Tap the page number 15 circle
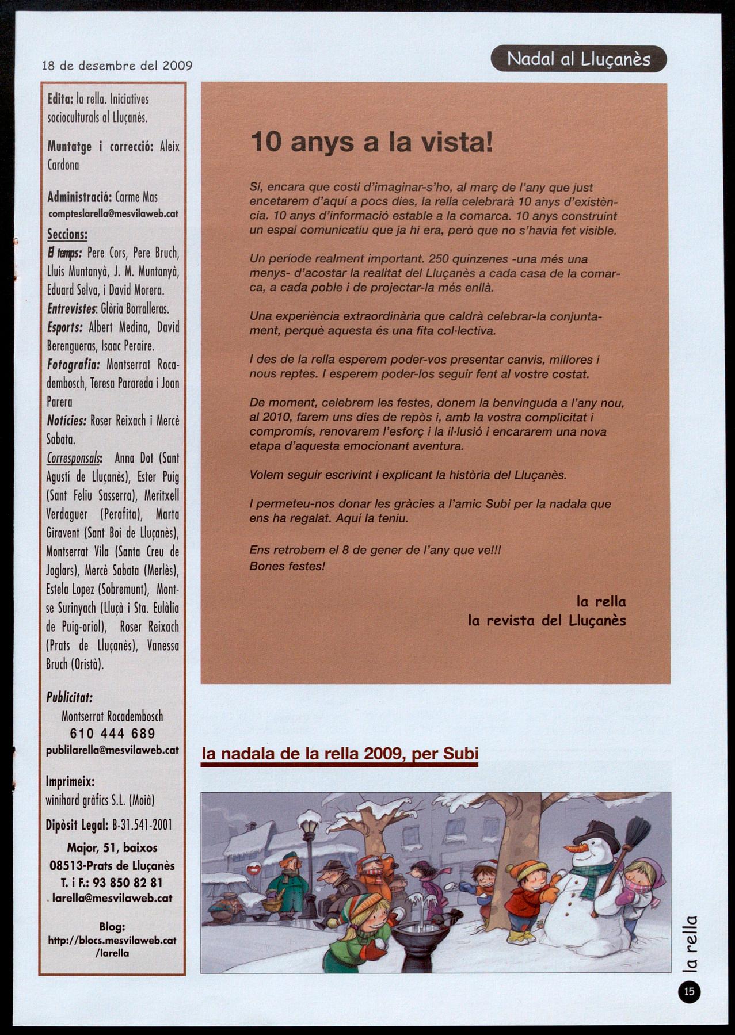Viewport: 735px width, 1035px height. [x=689, y=991]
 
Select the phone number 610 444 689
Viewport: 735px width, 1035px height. [x=112, y=734]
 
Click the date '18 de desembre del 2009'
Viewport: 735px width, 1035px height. [x=117, y=66]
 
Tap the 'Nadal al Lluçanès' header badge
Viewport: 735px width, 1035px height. [x=578, y=59]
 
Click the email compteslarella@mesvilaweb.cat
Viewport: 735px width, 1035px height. [x=113, y=213]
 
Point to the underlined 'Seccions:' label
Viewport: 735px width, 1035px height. [x=67, y=234]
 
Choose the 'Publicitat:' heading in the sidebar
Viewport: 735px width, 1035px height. [x=69, y=698]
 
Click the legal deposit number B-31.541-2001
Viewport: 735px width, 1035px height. [x=141, y=825]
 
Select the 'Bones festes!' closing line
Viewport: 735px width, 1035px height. [x=287, y=566]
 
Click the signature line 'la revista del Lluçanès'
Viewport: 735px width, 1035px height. [x=547, y=621]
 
